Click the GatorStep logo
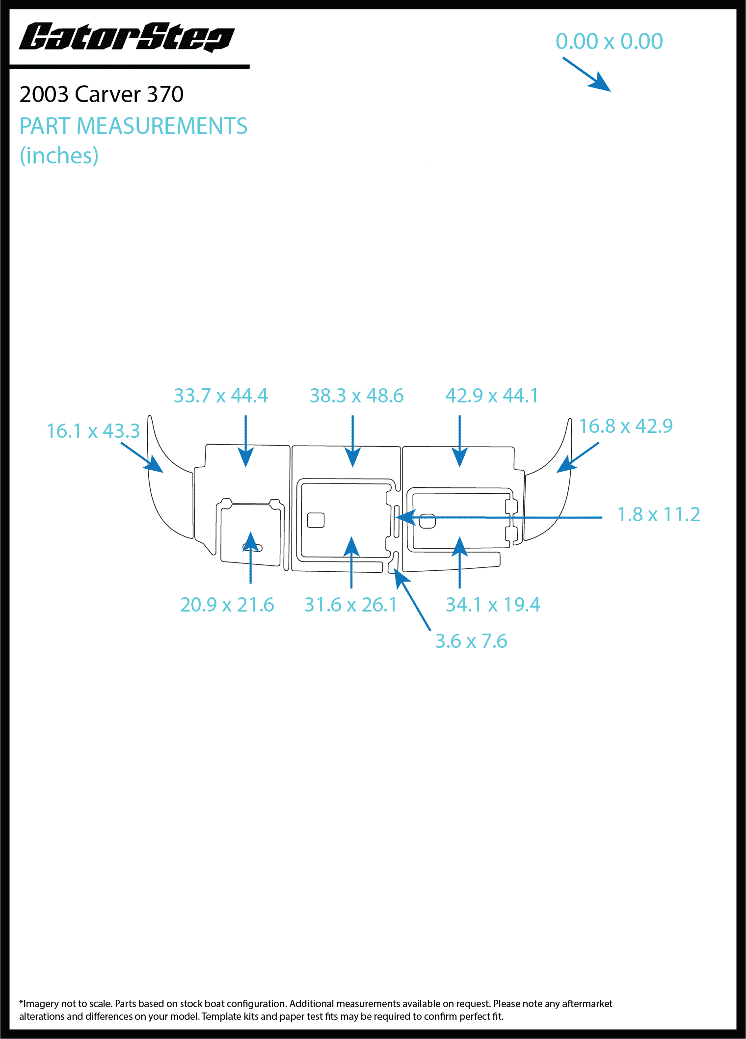click(127, 37)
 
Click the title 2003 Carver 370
click(102, 94)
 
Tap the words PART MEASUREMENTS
click(133, 126)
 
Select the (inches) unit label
click(59, 156)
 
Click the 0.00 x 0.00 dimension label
click(609, 41)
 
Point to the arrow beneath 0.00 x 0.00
click(586, 75)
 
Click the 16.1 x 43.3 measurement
click(93, 431)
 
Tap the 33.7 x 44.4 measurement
click(221, 396)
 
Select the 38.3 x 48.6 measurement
click(357, 396)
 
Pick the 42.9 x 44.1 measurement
click(492, 396)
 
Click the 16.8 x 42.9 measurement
click(626, 426)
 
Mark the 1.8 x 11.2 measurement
click(659, 514)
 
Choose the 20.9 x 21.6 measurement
click(227, 605)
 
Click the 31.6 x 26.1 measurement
click(350, 605)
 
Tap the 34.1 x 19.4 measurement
click(493, 605)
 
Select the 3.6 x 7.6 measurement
click(471, 641)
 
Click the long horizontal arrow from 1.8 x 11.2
click(499, 517)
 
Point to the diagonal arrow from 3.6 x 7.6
click(412, 599)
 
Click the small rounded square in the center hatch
click(316, 520)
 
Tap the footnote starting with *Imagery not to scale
click(316, 1010)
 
